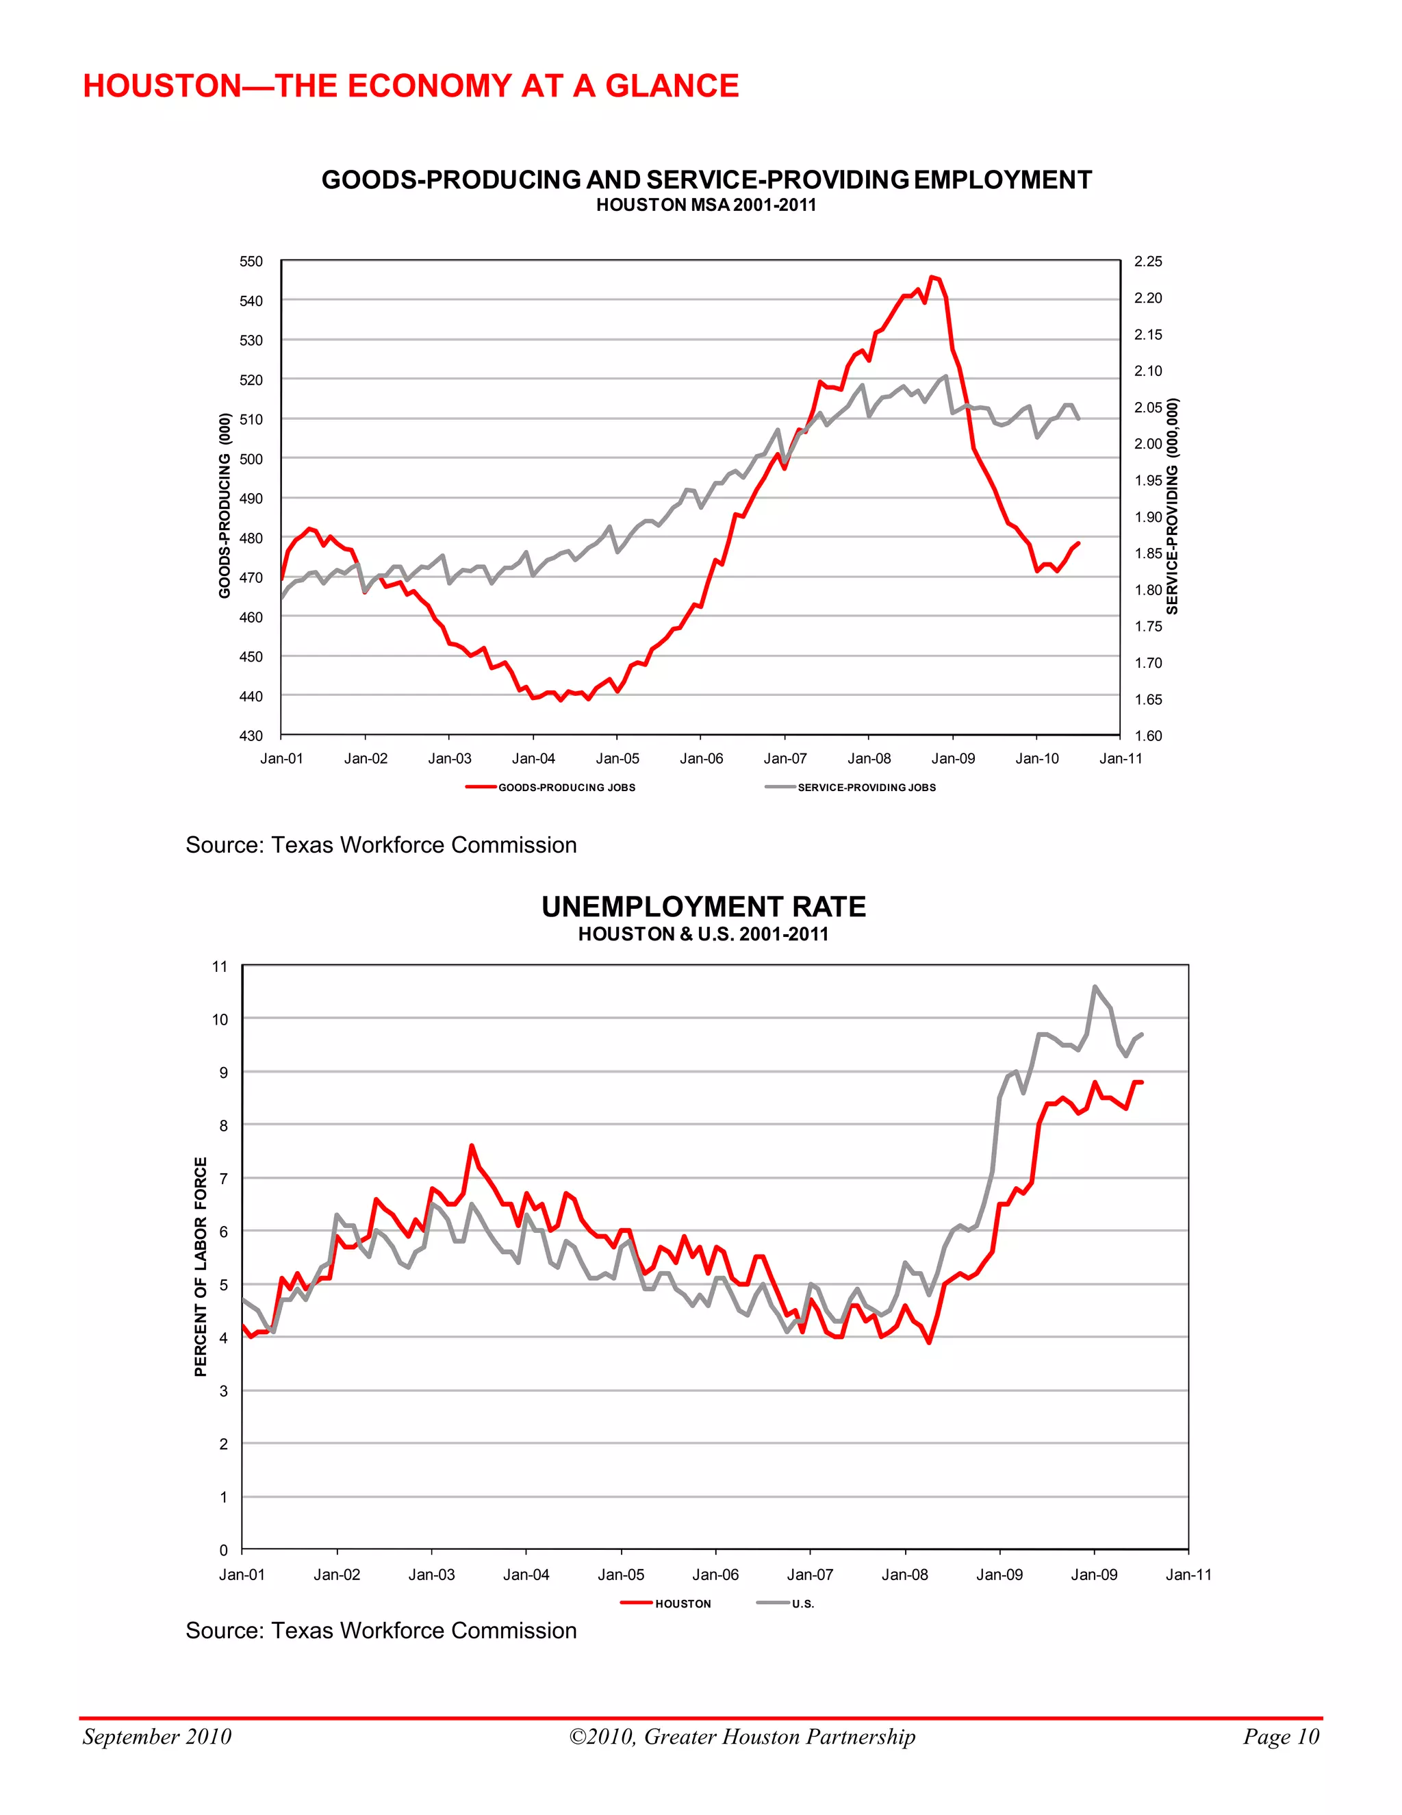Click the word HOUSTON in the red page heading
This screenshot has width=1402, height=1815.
(x=161, y=86)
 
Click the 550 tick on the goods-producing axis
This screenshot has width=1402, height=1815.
(x=251, y=261)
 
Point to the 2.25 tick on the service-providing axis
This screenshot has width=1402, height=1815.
(x=1148, y=261)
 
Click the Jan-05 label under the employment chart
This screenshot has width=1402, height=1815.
(x=617, y=758)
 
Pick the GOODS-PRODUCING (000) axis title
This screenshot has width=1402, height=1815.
(x=225, y=505)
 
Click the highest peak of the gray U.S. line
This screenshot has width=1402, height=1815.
(x=1095, y=986)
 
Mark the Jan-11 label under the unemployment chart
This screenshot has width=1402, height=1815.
(x=1188, y=1574)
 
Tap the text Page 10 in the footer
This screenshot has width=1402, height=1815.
(x=1280, y=1736)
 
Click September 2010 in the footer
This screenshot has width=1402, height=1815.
(x=157, y=1736)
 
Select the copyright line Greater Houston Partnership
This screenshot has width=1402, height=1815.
(x=741, y=1736)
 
